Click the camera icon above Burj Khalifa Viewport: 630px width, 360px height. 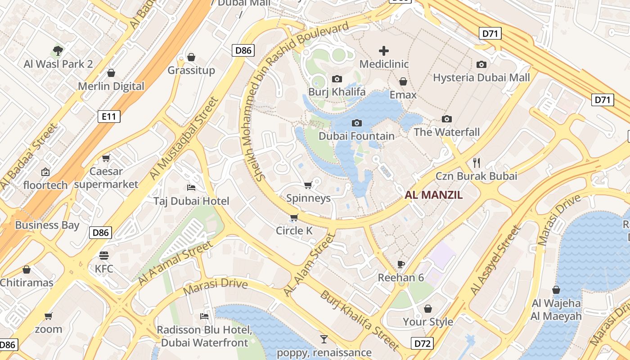[337, 79]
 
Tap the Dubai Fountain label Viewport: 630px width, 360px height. [356, 136]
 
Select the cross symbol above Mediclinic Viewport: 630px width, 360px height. [384, 51]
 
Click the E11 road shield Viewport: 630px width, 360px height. [109, 117]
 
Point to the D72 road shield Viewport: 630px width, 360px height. [423, 344]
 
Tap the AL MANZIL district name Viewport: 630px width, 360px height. [434, 195]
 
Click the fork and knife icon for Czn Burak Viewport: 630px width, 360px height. [477, 162]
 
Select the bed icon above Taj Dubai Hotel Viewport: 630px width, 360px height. [191, 188]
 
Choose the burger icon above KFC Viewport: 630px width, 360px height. [104, 256]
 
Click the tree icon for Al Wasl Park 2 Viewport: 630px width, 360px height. [58, 50]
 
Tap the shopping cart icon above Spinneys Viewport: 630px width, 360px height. [308, 185]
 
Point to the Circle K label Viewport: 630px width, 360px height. [294, 231]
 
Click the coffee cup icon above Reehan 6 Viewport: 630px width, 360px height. [401, 264]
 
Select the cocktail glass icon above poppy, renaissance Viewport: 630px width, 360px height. [324, 339]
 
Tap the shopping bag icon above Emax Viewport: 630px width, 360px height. [403, 81]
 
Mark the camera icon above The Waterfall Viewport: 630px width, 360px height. [447, 119]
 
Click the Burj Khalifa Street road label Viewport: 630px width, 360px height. [360, 320]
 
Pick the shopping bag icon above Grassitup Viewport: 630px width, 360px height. [191, 57]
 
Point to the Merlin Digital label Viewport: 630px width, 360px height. [111, 86]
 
